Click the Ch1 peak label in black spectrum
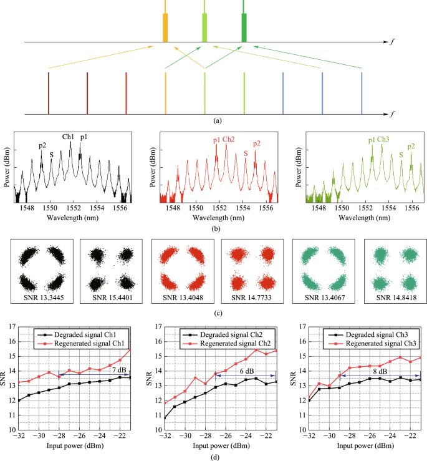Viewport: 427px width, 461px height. click(68, 137)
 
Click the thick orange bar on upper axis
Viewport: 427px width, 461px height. click(165, 28)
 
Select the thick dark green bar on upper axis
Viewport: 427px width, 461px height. click(244, 27)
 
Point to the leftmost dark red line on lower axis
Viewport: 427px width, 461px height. click(48, 93)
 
